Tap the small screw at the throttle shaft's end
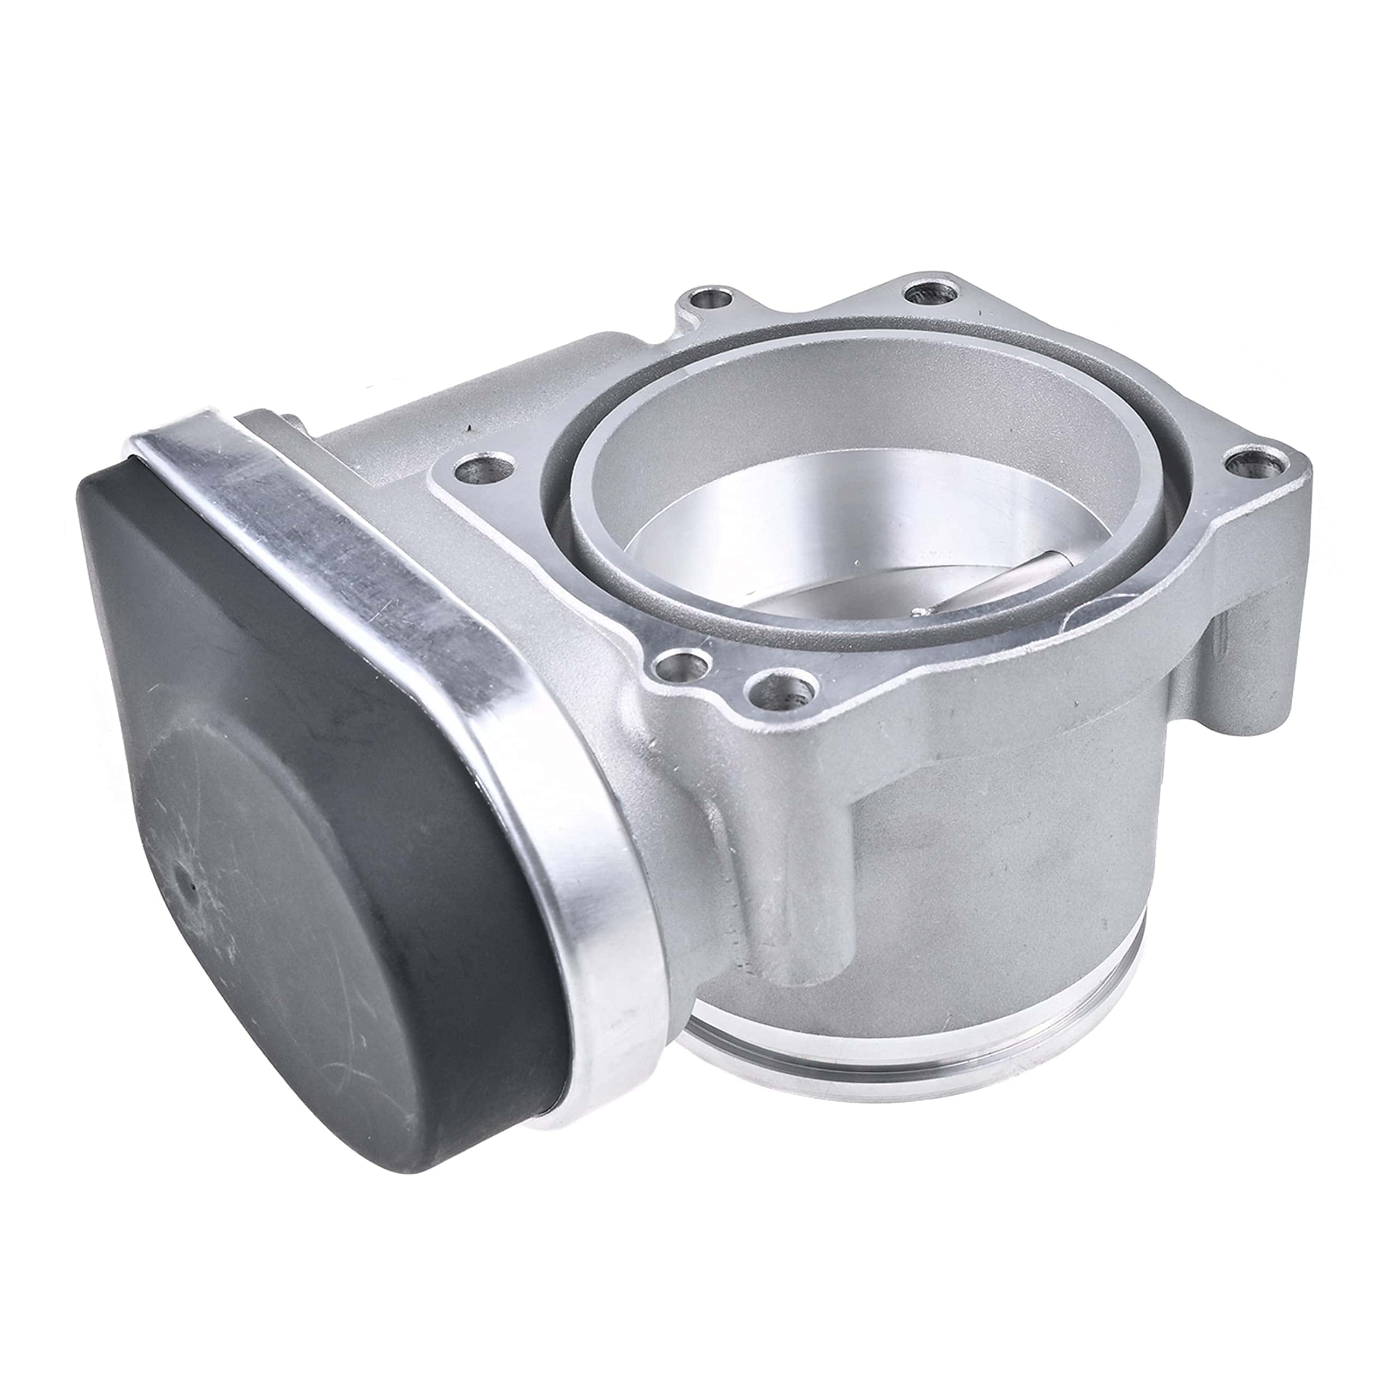921,612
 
